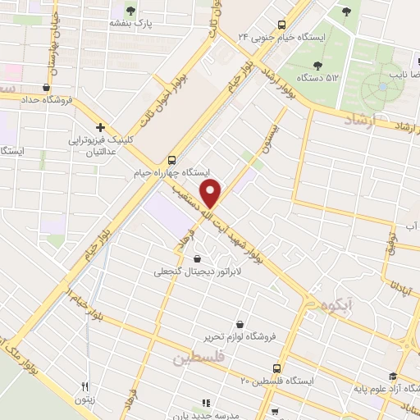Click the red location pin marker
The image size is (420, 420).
click(x=212, y=193)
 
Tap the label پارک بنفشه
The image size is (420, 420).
click(x=132, y=24)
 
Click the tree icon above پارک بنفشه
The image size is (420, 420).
click(x=132, y=10)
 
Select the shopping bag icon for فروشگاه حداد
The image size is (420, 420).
click(x=46, y=88)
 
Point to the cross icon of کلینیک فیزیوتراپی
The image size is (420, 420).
click(x=100, y=127)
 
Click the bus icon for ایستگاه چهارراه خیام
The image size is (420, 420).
click(x=171, y=160)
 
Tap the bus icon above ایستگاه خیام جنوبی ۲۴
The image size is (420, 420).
click(x=281, y=24)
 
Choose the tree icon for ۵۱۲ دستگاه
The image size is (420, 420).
click(x=317, y=66)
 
